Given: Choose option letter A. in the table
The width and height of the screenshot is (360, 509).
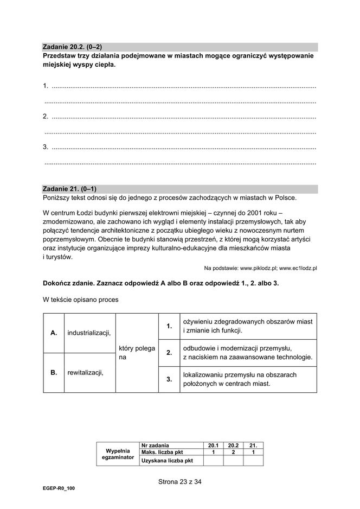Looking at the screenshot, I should pyautogui.click(x=54, y=333).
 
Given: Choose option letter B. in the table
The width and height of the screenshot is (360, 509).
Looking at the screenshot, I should pyautogui.click(x=54, y=372).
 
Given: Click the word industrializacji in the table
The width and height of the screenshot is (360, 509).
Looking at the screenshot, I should pyautogui.click(x=89, y=333).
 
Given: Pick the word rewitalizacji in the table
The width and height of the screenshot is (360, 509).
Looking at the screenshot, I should pyautogui.click(x=85, y=372).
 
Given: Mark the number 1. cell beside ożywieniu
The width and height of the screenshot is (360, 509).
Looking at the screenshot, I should pyautogui.click(x=169, y=326).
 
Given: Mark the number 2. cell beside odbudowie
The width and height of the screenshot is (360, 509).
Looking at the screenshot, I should pyautogui.click(x=169, y=353).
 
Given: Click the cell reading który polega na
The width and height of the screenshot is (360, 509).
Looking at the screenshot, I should pyautogui.click(x=137, y=353).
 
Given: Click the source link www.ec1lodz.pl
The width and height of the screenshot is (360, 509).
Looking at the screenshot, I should pyautogui.click(x=298, y=268).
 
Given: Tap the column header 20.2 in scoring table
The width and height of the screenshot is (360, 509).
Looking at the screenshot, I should pyautogui.click(x=233, y=445).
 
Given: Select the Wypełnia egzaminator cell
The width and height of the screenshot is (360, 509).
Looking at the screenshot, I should pyautogui.click(x=118, y=454).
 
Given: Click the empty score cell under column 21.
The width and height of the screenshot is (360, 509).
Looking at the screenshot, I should pyautogui.click(x=253, y=461).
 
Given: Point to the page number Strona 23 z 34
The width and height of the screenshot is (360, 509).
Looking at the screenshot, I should pyautogui.click(x=180, y=481).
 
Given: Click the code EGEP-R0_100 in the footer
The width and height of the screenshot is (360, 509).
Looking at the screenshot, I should pyautogui.click(x=60, y=488).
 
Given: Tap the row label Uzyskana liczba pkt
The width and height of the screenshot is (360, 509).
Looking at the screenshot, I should pyautogui.click(x=167, y=461).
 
